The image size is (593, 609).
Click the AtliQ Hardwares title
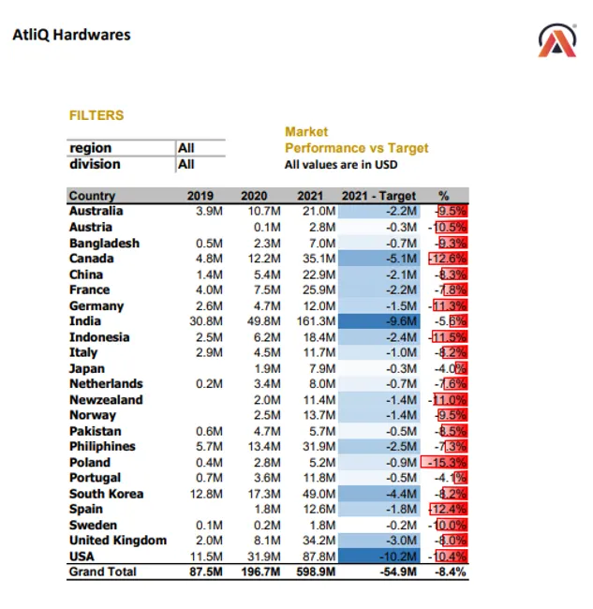pyautogui.click(x=71, y=36)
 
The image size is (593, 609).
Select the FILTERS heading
pyautogui.click(x=96, y=115)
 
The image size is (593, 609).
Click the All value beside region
pyautogui.click(x=186, y=148)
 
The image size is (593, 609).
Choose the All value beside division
pyautogui.click(x=186, y=164)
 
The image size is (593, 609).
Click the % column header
pyautogui.click(x=443, y=196)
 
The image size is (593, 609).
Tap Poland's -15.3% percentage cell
pyautogui.click(x=447, y=462)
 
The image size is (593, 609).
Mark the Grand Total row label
pyautogui.click(x=102, y=572)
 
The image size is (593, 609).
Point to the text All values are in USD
pyautogui.click(x=340, y=165)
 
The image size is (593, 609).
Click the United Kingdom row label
pyautogui.click(x=118, y=540)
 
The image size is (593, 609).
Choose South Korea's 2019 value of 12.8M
pyautogui.click(x=208, y=493)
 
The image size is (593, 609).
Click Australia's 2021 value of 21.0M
pyautogui.click(x=316, y=212)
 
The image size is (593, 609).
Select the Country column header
pyautogui.click(x=92, y=196)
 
